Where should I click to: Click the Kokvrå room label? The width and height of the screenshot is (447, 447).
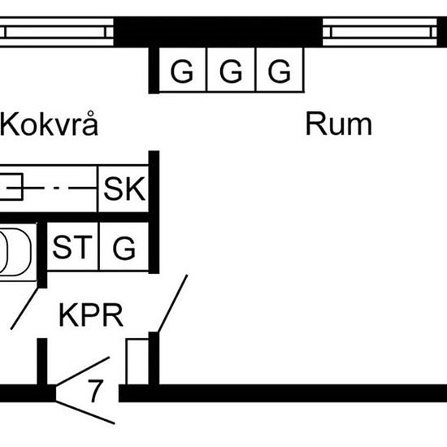(50, 124)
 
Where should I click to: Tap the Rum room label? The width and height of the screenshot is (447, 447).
(338, 124)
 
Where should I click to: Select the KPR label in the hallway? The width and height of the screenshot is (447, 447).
(91, 315)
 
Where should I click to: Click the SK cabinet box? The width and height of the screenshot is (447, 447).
(124, 189)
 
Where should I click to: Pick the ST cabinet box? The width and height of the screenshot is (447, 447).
(72, 246)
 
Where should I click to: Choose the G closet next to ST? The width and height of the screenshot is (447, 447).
(124, 246)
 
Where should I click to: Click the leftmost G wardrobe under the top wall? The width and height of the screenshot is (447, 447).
(182, 70)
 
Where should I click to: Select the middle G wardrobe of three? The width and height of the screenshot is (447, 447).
(231, 70)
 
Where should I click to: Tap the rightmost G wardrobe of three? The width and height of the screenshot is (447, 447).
(280, 70)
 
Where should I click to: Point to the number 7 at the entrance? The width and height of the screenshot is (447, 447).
(95, 391)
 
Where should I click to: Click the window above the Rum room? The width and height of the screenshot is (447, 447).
(380, 32)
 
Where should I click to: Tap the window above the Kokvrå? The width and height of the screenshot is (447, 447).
(56, 32)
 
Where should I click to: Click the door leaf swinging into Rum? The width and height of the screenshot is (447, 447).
(173, 303)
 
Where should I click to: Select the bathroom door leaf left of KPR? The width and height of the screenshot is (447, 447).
(24, 309)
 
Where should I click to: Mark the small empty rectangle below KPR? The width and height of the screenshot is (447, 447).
(137, 362)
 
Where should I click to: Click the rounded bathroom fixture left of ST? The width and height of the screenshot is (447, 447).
(15, 252)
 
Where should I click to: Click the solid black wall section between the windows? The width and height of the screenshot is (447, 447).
(218, 32)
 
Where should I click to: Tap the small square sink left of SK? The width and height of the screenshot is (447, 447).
(11, 187)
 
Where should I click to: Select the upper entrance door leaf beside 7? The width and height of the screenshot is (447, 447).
(83, 371)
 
